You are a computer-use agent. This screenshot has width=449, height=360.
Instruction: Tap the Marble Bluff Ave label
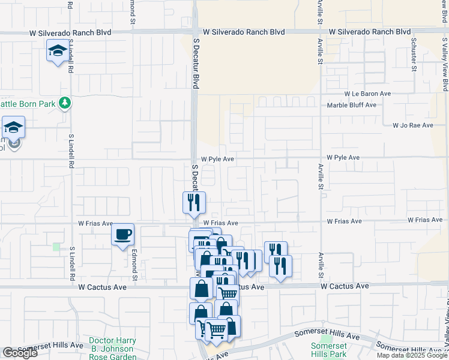click(352, 105)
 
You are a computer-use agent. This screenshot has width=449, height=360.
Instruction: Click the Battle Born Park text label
click(28, 103)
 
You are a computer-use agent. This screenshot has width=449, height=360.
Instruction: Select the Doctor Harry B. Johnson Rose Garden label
click(112, 348)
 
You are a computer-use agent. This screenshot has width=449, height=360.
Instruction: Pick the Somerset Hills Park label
click(329, 350)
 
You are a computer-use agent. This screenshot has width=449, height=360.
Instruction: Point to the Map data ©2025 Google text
click(411, 355)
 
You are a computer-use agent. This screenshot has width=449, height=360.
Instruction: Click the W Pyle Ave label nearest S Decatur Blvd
click(217, 160)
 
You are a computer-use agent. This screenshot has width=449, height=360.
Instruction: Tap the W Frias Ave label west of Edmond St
click(95, 223)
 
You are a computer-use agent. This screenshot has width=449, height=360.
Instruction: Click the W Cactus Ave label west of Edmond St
click(102, 287)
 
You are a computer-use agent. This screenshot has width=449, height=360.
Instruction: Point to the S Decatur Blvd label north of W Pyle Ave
click(196, 62)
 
